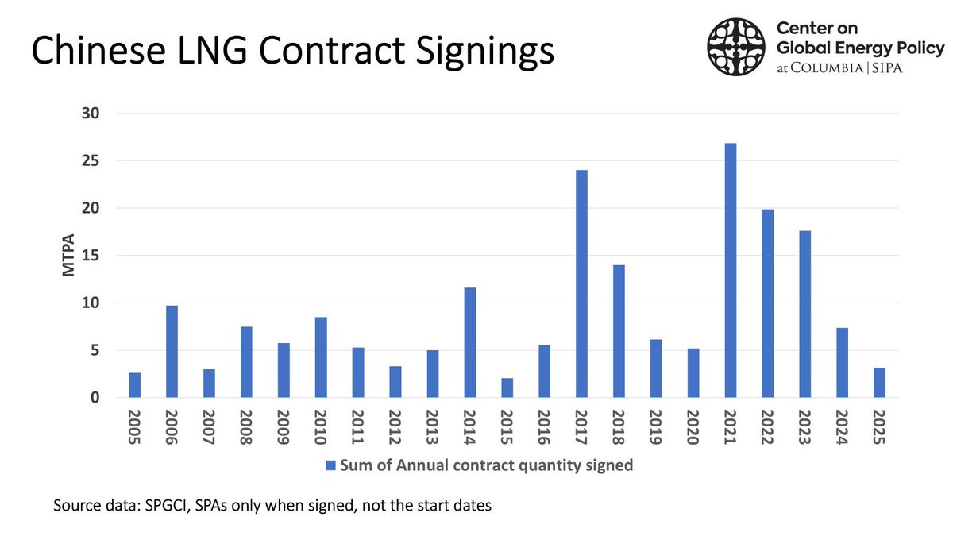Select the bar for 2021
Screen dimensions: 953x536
tap(731, 271)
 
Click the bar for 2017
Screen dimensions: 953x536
tap(581, 283)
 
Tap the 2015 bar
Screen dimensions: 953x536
tap(507, 388)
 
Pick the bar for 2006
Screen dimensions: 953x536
tap(172, 351)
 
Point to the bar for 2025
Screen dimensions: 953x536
tap(879, 383)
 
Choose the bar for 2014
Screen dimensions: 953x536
tap(469, 342)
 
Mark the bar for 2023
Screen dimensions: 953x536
tap(805, 314)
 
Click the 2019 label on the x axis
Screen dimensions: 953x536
tap(656, 427)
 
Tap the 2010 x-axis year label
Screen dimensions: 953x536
tap(321, 427)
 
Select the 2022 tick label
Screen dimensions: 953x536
tap(767, 427)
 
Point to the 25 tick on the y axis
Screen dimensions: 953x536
tap(91, 160)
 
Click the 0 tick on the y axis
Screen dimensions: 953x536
tap(95, 398)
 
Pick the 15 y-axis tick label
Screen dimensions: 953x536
tap(91, 256)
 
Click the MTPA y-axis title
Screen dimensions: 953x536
tap(68, 255)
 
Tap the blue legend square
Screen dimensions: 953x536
tap(330, 465)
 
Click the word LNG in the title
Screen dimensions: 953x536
tap(212, 51)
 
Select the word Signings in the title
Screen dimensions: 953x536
tap(484, 52)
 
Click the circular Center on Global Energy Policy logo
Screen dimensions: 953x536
tap(736, 47)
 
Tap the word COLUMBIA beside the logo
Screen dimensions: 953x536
tap(827, 68)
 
